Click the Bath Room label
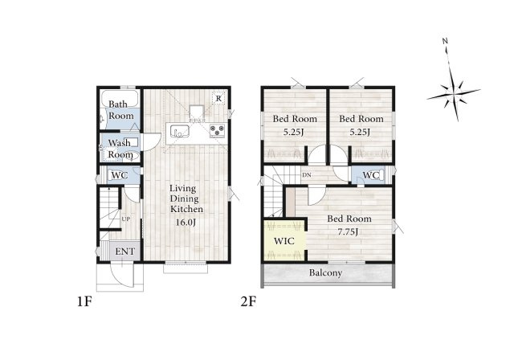coord(121,110)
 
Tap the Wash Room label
coord(120,149)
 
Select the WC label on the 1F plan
coord(120,175)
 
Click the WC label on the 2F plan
coord(371,175)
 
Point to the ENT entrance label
coord(125,252)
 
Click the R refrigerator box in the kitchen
coord(218,98)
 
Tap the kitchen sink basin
coord(179,132)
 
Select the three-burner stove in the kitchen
coord(217,131)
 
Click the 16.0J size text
coord(186,223)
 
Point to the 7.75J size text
coord(348,232)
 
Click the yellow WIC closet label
coord(284,241)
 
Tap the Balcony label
coord(325,272)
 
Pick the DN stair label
coord(307,175)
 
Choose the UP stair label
coord(126,219)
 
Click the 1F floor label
coord(84,301)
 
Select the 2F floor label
coord(248,301)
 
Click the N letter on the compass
coord(445,41)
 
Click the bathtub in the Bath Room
coord(120,98)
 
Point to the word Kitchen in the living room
coord(186,209)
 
